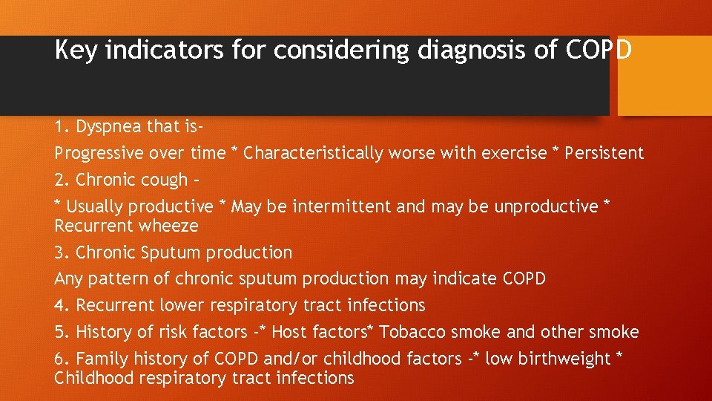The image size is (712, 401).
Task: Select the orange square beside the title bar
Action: point(665,76)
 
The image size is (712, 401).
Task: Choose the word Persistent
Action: point(604,154)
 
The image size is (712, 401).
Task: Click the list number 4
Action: point(59,305)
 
